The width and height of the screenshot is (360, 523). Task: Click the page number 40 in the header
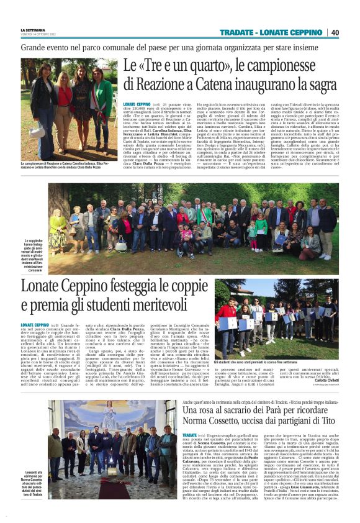pos(335,32)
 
